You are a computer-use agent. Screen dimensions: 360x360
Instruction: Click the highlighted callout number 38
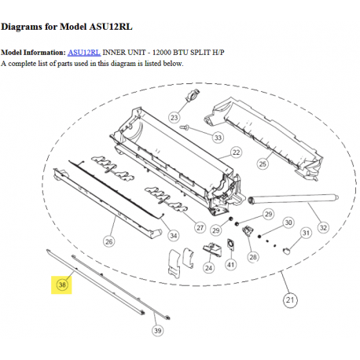pyautogui.click(x=62, y=284)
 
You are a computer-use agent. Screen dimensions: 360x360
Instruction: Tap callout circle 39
pyautogui.click(x=157, y=331)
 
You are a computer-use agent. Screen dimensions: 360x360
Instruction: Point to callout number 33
pyautogui.click(x=218, y=137)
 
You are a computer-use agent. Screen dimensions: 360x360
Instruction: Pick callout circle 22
pyautogui.click(x=235, y=152)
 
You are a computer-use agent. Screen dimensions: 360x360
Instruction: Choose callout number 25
pyautogui.click(x=263, y=163)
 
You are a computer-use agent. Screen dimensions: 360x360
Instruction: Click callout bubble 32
pyautogui.click(x=322, y=228)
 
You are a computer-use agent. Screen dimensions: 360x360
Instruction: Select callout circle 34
pyautogui.click(x=174, y=235)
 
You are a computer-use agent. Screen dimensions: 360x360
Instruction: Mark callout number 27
pyautogui.click(x=200, y=229)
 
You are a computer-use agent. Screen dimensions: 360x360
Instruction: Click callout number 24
pyautogui.click(x=208, y=267)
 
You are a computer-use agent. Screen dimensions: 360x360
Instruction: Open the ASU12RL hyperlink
pyautogui.click(x=83, y=52)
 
